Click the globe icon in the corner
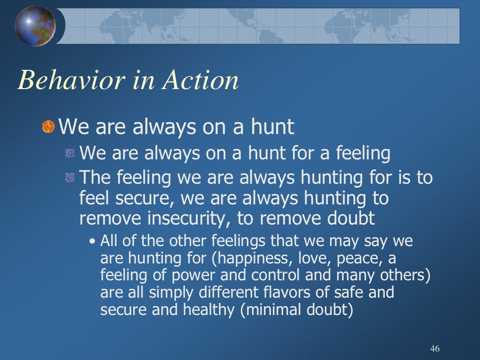pos(35,26)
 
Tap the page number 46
pos(434,349)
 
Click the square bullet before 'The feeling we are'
pos(70,178)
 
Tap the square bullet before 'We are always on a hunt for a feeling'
pos(70,153)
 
